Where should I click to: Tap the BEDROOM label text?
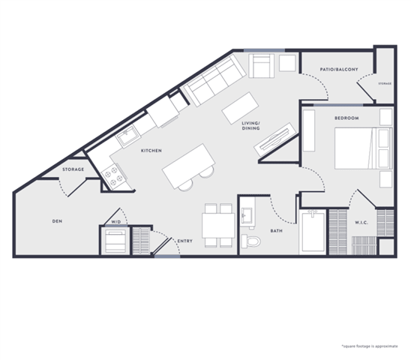[346, 118]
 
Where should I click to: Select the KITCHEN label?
[151, 151]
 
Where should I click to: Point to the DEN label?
[56, 221]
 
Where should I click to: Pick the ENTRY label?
[184, 241]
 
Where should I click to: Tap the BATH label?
[276, 231]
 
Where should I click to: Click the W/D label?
[116, 222]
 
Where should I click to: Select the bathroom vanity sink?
[247, 217]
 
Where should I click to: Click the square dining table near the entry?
[217, 226]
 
